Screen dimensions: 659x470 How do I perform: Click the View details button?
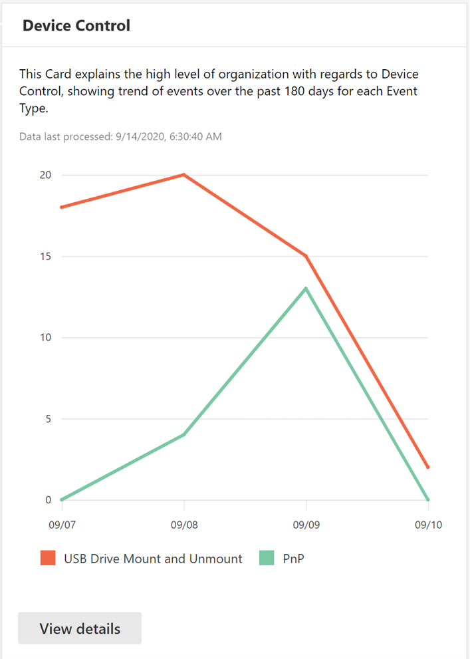pos(80,628)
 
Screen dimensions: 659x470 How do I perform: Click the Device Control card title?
pos(76,26)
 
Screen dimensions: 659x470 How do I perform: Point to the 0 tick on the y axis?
pos(48,500)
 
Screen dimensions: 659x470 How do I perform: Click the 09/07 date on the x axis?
pos(61,525)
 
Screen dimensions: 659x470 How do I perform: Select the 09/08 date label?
pos(183,525)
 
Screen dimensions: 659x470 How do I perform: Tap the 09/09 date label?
pos(306,525)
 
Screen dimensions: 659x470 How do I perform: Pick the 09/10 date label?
pos(428,525)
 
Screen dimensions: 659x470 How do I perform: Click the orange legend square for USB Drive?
pos(47,559)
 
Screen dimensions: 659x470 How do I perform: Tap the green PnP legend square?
pos(266,559)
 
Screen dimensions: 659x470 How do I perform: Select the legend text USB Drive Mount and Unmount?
pos(153,559)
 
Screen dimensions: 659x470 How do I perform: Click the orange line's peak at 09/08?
pos(183,175)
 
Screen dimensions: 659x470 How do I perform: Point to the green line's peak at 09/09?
pos(306,289)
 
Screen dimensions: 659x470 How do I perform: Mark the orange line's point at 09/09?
pos(306,256)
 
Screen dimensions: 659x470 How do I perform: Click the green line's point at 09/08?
pos(183,435)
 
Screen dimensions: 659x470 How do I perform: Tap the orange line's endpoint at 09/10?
pos(428,467)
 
